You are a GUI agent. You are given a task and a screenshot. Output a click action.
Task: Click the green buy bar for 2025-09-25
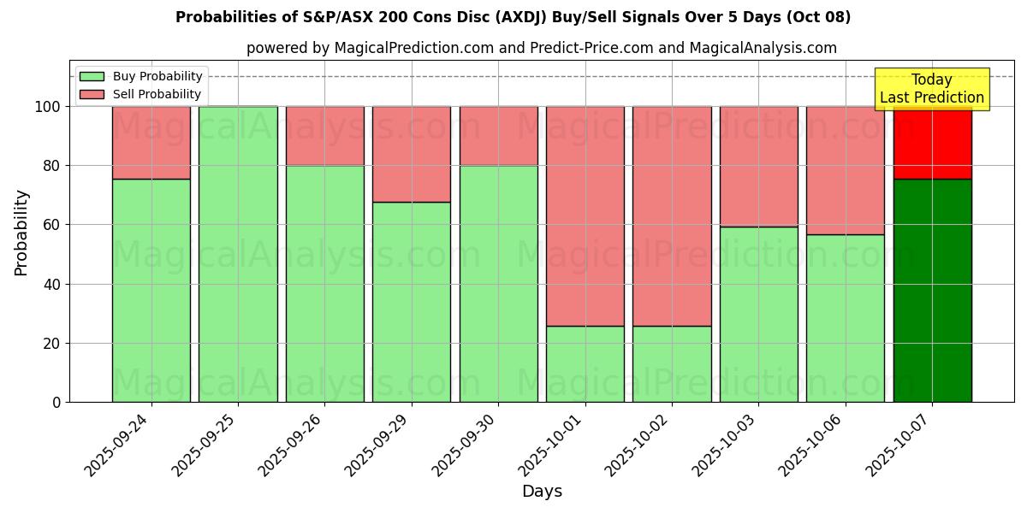pos(238,254)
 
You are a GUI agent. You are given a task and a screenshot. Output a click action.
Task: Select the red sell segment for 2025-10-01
pos(585,215)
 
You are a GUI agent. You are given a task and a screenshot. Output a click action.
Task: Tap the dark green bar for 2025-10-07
pos(932,291)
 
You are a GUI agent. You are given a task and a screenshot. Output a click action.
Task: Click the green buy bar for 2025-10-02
pos(672,363)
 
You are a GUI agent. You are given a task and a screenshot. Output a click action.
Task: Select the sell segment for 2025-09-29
pos(412,154)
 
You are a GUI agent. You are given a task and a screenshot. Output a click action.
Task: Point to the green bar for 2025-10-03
pos(758,314)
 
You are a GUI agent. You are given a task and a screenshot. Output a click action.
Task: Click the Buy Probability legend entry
pos(140,76)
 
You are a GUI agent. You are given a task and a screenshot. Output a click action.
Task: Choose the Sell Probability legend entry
pos(140,94)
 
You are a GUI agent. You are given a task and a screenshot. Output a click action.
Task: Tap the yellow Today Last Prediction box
pos(932,89)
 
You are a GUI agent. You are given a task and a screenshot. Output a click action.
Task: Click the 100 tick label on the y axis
pos(49,107)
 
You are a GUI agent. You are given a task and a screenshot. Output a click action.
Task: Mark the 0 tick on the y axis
pos(57,402)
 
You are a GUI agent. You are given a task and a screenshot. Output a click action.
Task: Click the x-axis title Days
pos(542,492)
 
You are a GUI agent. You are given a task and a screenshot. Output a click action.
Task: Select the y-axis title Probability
pos(21,233)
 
